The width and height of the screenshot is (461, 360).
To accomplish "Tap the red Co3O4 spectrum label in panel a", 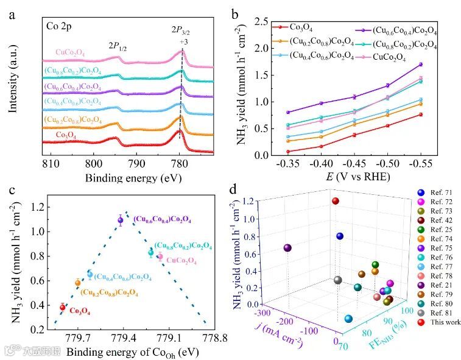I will pyautogui.click(x=71, y=135).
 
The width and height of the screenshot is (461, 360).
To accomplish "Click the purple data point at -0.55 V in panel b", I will pyautogui.click(x=420, y=64).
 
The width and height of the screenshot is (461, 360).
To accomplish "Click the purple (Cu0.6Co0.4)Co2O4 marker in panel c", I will pyautogui.click(x=120, y=221).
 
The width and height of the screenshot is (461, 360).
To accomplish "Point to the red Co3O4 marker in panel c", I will pyautogui.click(x=62, y=307).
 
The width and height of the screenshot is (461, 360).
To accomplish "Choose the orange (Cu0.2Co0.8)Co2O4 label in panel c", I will pyautogui.click(x=110, y=292).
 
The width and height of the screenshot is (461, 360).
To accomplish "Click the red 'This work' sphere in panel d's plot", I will pyautogui.click(x=335, y=200).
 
